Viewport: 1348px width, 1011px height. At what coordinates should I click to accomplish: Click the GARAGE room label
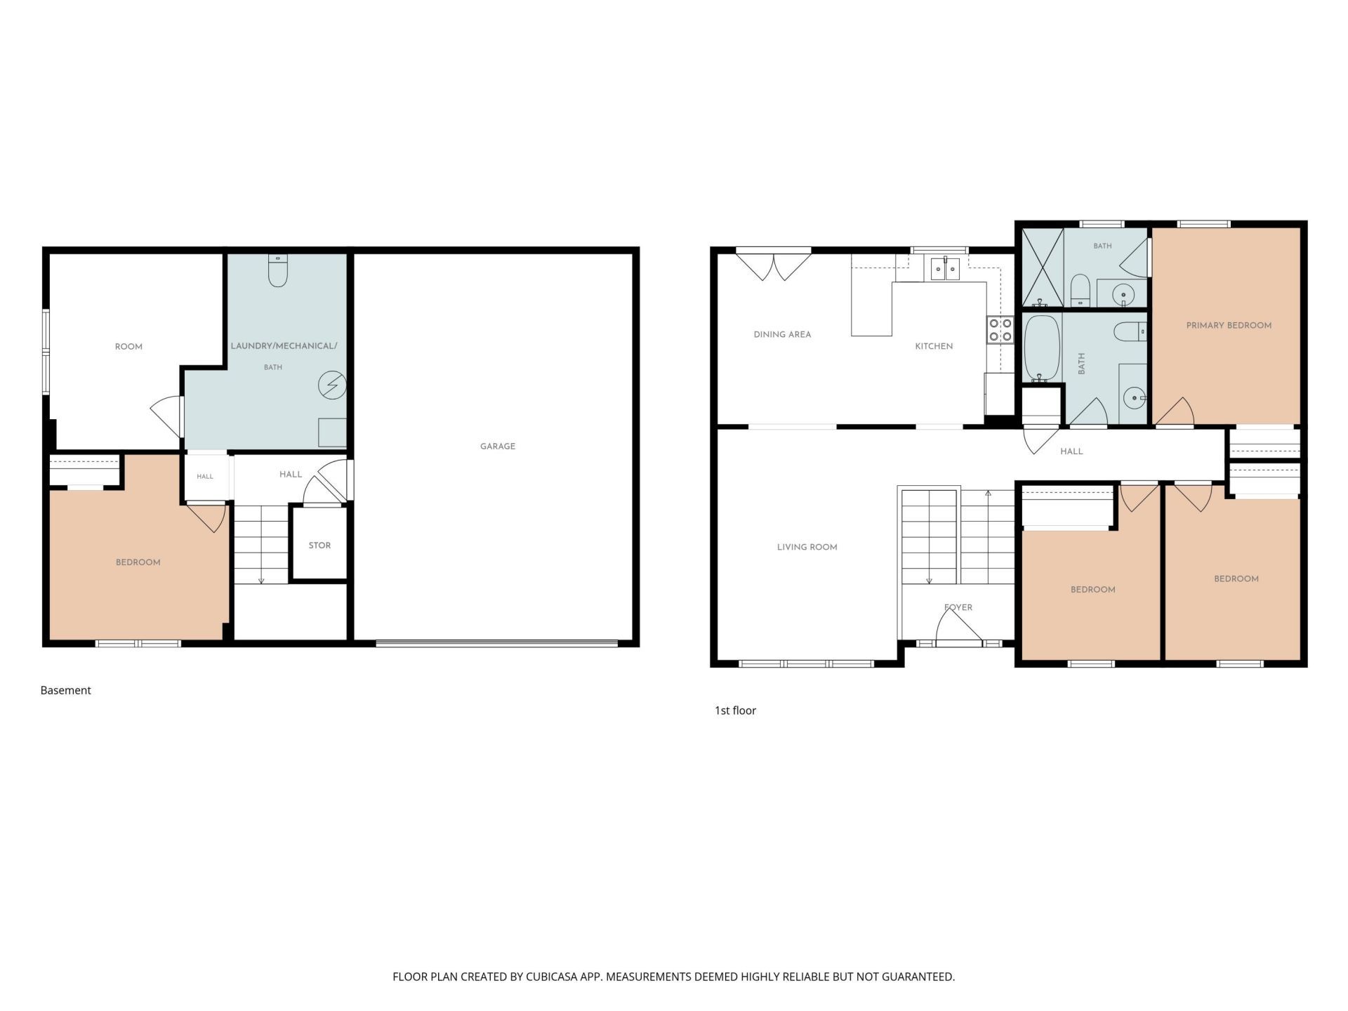tap(497, 447)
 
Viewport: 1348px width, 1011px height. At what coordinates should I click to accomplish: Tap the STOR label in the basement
tap(319, 546)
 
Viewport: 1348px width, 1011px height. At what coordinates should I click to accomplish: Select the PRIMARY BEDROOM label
tap(1229, 326)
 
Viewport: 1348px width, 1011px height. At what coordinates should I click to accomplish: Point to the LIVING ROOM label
tap(807, 548)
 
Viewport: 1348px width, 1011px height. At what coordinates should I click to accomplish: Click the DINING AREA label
tap(782, 335)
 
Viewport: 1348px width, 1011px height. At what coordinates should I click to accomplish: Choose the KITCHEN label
tap(934, 347)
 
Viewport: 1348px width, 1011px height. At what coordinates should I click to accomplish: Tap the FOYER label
tap(958, 608)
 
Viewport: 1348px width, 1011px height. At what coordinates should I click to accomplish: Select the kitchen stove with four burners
tap(1000, 330)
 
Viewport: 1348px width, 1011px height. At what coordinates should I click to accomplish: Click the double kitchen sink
tap(945, 268)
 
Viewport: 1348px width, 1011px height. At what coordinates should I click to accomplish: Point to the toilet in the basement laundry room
tap(278, 270)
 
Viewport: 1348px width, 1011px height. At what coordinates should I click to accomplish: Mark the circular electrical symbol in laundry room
tap(332, 385)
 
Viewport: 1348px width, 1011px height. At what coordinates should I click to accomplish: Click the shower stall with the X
tap(1043, 267)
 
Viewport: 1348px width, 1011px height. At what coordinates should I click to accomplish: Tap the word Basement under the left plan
tap(65, 691)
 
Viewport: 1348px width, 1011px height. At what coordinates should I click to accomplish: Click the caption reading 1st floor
tap(735, 711)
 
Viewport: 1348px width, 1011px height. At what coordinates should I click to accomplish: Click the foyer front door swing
tap(958, 626)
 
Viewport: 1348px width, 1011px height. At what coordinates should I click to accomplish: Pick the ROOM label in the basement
tap(128, 347)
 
